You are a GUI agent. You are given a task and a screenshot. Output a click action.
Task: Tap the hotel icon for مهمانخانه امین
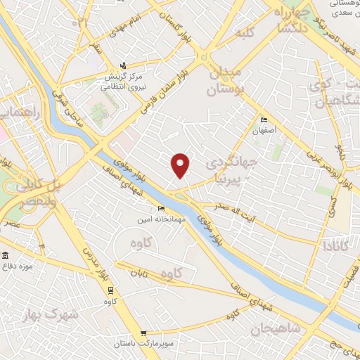click(x=162, y=209)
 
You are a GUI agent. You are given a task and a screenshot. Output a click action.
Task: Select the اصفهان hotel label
click(x=266, y=131)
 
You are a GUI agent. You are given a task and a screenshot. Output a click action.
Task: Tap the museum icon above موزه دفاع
click(x=6, y=255)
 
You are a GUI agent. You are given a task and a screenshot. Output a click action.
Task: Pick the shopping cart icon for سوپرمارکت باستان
click(x=144, y=333)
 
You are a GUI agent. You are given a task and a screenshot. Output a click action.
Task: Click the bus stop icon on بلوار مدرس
click(x=110, y=290)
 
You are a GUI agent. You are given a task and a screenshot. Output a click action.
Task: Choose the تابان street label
click(x=138, y=269)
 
